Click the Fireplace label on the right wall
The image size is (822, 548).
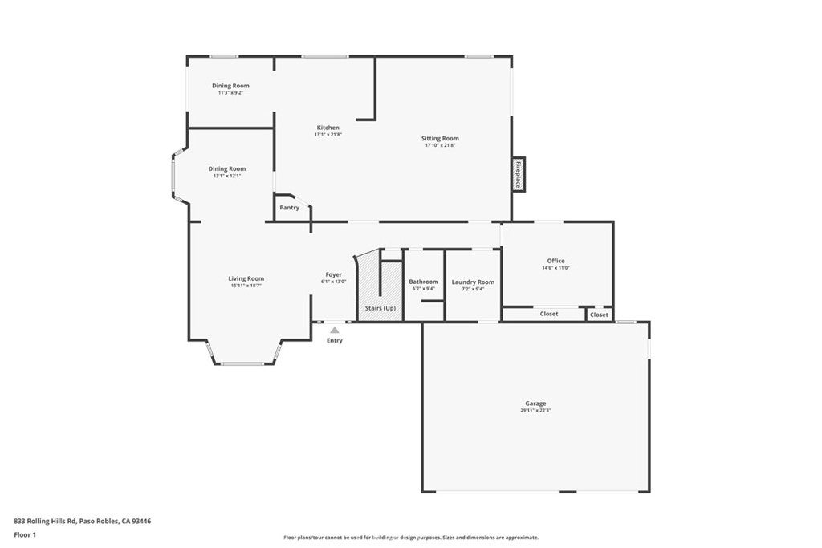[519, 174]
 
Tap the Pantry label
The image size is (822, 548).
[289, 208]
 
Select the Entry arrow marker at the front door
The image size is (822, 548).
[335, 329]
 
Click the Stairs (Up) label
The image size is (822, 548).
[380, 308]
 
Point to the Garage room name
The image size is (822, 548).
[535, 404]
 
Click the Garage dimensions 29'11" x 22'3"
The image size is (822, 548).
[535, 411]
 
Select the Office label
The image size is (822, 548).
[555, 261]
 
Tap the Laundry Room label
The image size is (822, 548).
[473, 282]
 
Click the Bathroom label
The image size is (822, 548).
[423, 282]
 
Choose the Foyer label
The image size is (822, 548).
[334, 274]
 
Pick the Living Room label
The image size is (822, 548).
[246, 278]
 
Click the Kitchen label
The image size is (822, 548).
[328, 128]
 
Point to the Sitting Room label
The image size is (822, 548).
[440, 138]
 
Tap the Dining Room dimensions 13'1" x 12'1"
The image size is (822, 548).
[227, 176]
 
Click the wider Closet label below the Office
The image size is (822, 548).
[549, 314]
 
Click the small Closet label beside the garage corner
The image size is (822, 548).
[599, 315]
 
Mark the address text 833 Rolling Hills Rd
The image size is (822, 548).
[45, 521]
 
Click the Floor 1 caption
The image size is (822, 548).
[26, 534]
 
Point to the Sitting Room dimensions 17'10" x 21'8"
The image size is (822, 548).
[440, 145]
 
